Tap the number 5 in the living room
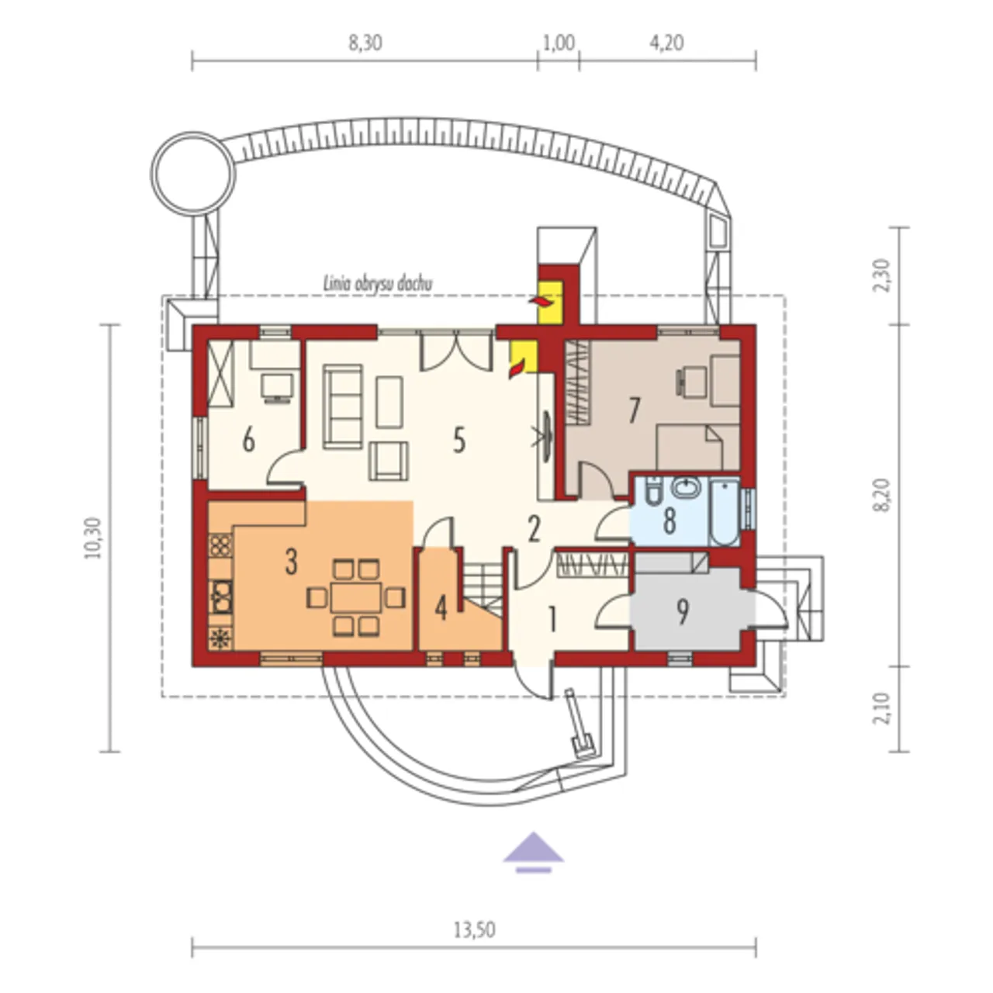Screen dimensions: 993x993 tap(458, 441)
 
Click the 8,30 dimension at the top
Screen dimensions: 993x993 tap(365, 43)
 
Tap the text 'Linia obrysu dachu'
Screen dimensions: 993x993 tap(378, 283)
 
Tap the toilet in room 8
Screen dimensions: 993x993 tap(652, 495)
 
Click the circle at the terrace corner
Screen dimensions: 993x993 tap(192, 172)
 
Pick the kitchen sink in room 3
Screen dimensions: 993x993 tap(222, 597)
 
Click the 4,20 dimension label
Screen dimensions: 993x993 tap(667, 43)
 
